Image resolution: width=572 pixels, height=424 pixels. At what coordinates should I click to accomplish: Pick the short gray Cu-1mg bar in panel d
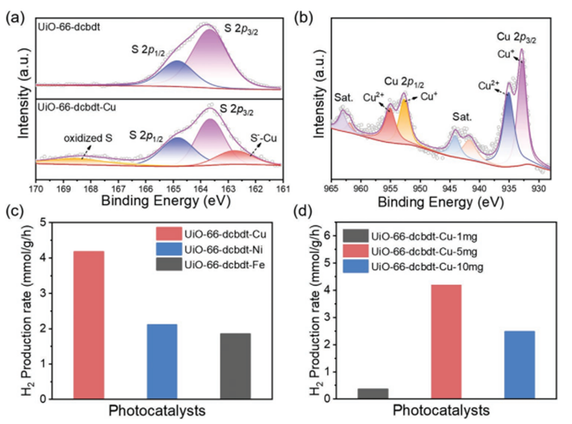[x=373, y=393]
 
